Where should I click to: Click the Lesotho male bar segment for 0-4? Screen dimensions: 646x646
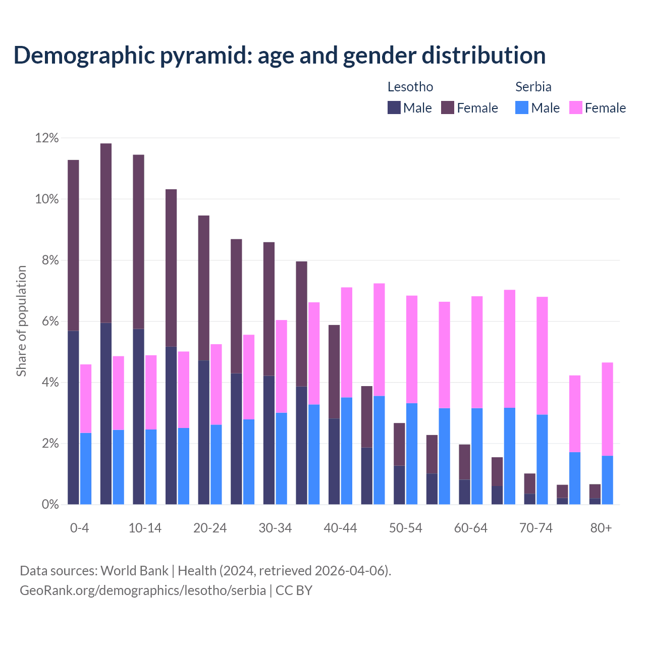[73, 417]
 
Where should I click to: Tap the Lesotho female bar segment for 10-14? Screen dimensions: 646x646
[138, 242]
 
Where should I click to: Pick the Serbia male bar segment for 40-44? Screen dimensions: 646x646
[347, 451]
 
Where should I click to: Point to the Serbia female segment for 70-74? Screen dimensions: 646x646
[542, 356]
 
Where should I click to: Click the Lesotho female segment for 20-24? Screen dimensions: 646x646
[204, 288]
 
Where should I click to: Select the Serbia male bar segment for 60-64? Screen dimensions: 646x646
[477, 456]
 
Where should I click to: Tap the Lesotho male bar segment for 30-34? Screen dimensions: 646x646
[269, 440]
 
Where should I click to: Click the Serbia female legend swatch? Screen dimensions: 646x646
[575, 107]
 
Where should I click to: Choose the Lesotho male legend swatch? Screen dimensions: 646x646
[394, 107]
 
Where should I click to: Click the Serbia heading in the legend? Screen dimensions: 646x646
[533, 87]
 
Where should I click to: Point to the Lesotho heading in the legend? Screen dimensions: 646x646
[410, 87]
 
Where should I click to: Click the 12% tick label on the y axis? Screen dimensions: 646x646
[47, 138]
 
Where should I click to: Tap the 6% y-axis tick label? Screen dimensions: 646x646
[49, 321]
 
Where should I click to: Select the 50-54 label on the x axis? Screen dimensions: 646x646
[405, 528]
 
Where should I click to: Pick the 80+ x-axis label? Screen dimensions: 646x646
[601, 528]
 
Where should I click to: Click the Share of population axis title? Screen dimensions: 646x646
[22, 321]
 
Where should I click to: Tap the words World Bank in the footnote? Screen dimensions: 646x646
[134, 571]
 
